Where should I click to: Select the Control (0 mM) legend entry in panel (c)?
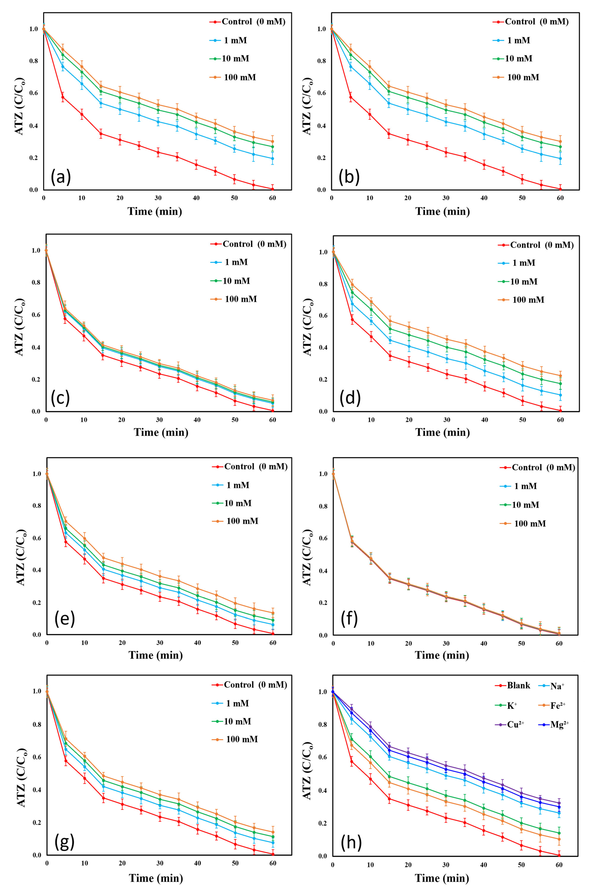click(x=248, y=244)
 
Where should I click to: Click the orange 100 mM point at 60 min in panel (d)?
click(x=560, y=376)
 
